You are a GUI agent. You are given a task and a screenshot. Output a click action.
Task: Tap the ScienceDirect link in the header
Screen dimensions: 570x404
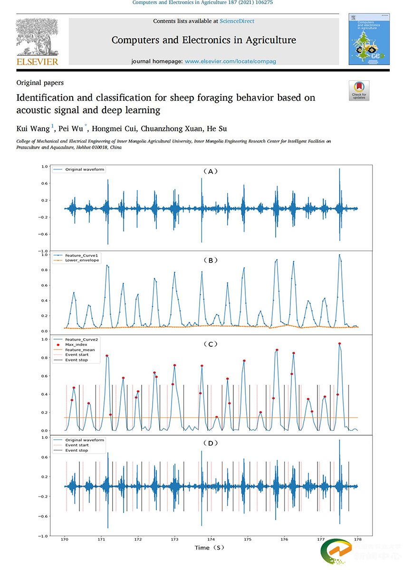[237, 21]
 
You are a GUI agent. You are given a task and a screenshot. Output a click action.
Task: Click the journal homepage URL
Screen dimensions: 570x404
[230, 61]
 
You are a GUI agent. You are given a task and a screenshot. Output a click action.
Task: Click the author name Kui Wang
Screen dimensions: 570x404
[33, 129]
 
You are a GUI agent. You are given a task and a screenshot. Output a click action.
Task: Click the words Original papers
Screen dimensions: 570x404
[40, 83]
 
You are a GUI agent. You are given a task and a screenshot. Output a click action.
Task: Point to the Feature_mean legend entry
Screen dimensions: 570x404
[80, 350]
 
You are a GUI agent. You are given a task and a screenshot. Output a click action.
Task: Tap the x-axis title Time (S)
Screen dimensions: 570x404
[209, 548]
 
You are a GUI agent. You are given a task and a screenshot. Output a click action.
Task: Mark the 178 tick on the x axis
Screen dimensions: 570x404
[358, 539]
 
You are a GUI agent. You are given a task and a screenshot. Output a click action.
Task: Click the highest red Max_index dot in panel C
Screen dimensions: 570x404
[339, 343]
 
